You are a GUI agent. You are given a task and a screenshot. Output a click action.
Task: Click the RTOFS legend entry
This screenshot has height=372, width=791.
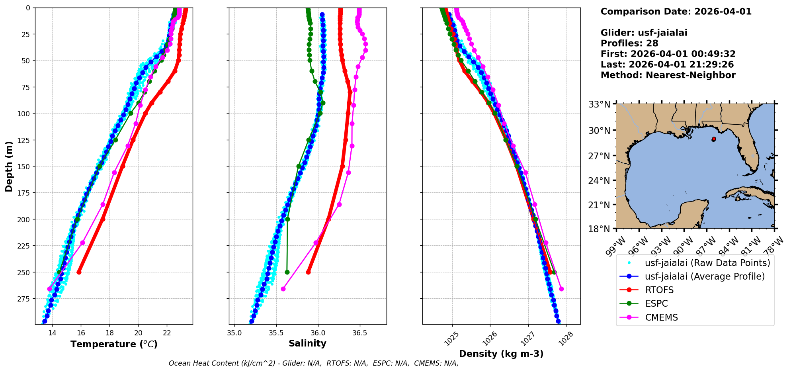click(659, 290)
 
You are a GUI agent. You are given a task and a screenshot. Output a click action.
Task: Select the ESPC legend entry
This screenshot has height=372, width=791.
click(656, 304)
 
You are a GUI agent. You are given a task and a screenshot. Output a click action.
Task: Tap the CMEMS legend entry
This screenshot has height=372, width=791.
click(661, 318)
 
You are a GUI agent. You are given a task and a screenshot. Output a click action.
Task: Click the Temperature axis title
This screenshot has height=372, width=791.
click(114, 345)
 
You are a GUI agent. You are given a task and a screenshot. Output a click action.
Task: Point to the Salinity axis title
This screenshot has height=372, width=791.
click(307, 344)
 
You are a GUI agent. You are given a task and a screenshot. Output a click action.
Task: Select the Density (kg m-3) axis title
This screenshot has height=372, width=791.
click(501, 354)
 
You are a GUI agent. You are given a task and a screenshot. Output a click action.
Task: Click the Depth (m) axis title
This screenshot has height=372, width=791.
click(9, 166)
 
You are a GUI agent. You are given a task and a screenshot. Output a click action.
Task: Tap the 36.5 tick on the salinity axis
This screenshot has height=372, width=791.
click(359, 333)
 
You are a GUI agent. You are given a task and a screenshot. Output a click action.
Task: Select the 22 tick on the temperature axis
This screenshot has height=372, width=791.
click(167, 333)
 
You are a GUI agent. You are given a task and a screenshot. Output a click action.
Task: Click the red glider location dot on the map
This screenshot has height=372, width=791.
click(714, 139)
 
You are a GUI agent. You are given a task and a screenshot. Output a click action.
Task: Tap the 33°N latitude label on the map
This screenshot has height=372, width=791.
click(599, 104)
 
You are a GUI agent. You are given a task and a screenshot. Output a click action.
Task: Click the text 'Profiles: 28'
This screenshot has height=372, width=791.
click(629, 43)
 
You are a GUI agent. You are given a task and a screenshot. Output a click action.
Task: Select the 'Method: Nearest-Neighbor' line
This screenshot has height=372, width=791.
click(668, 75)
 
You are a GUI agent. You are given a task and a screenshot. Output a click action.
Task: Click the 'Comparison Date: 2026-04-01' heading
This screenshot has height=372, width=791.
click(676, 12)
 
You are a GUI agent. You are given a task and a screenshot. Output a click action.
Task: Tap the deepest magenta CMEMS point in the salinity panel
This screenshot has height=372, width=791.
click(283, 289)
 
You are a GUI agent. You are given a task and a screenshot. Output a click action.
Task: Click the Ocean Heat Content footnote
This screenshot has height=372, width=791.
click(313, 363)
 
